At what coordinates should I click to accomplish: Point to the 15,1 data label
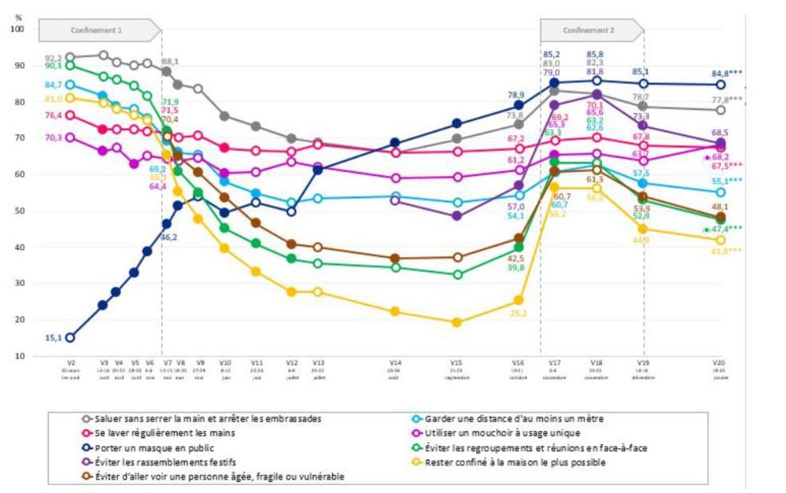53,338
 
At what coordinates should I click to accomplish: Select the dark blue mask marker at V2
70,338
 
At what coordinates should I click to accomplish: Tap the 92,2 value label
53,57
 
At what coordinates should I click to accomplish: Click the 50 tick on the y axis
20,211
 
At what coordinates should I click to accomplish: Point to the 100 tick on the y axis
18,29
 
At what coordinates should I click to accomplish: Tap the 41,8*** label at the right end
724,252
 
